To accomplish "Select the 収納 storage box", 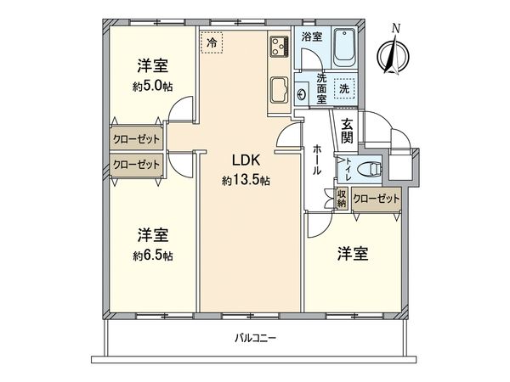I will pyautogui.click(x=340, y=198).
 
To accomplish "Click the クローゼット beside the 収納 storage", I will pyautogui.click(x=375, y=198).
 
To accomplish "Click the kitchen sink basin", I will pyautogui.click(x=279, y=87).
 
